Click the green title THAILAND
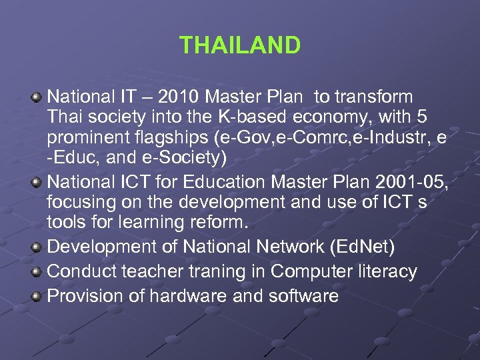[240, 45]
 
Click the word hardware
[182, 296]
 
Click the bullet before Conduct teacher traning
[37, 272]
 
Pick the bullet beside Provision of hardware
[37, 297]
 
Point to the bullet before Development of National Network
[37, 247]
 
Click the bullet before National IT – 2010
[37, 97]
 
